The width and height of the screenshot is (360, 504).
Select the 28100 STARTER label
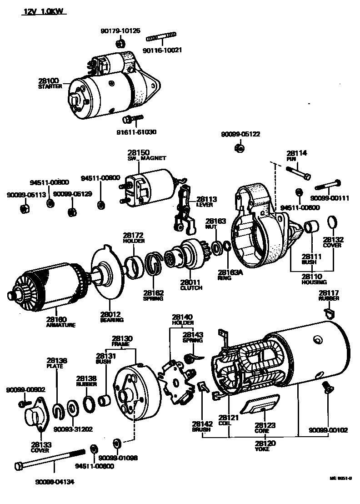[50, 83]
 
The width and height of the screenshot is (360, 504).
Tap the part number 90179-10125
[120, 31]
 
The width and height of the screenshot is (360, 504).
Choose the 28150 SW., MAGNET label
[146, 155]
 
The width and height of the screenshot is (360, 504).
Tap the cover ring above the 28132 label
[333, 223]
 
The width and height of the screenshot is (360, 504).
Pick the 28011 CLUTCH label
[191, 285]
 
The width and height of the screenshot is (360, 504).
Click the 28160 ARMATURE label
[60, 322]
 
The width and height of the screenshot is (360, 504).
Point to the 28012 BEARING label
[111, 317]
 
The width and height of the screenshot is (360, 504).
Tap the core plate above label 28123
[261, 405]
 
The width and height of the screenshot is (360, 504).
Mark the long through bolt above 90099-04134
[50, 460]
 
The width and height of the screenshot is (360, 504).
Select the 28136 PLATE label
[57, 363]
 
